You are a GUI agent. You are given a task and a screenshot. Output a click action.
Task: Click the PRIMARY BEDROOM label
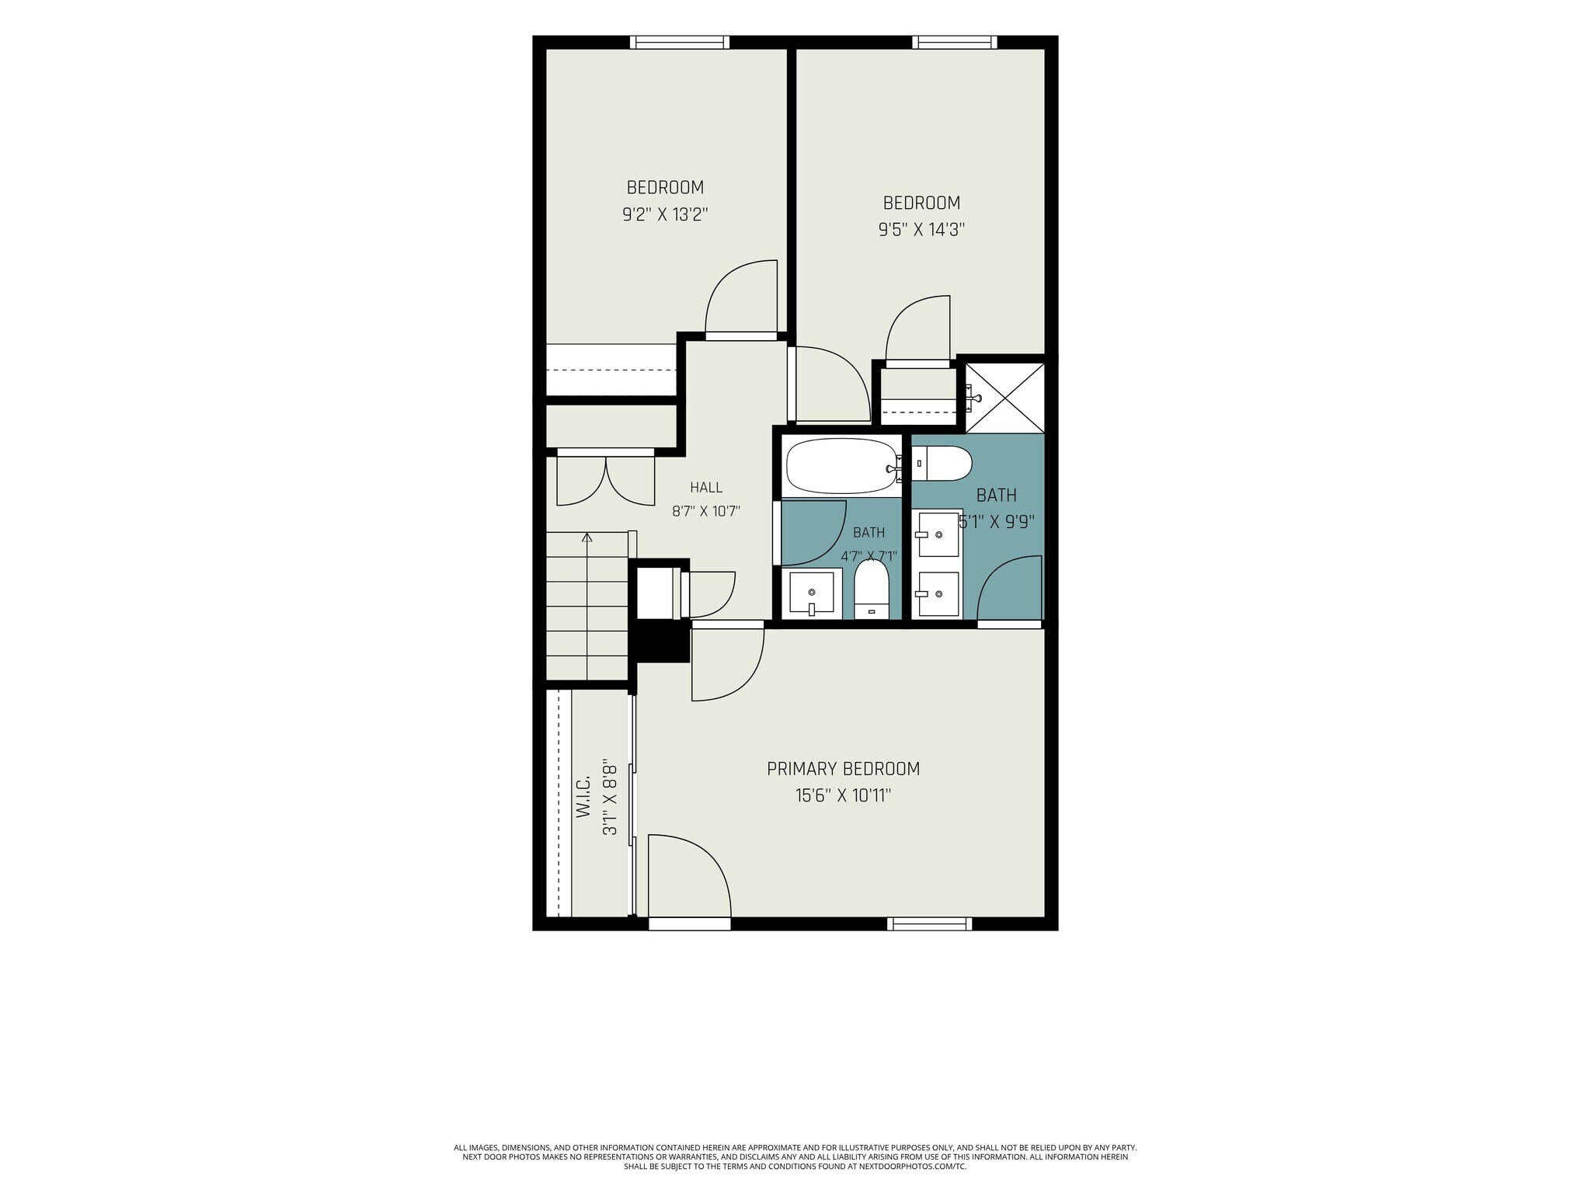point(843,769)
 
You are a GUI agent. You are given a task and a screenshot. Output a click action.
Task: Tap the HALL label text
point(706,488)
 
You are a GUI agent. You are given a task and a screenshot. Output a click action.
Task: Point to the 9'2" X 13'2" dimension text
point(665,214)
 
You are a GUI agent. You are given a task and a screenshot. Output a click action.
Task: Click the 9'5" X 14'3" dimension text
point(921,230)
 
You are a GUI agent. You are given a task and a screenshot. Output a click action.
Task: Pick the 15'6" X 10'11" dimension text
point(843,795)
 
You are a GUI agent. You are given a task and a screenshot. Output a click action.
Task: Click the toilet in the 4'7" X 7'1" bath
point(871,590)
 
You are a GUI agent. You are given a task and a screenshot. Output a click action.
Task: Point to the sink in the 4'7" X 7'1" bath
point(812,593)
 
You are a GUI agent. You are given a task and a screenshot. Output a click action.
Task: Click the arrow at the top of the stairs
point(587,537)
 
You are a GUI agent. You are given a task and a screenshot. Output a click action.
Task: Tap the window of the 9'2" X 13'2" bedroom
point(679,43)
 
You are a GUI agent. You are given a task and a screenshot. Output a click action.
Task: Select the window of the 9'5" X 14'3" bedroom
point(955,43)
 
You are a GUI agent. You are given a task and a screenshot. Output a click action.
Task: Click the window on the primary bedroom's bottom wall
point(930,923)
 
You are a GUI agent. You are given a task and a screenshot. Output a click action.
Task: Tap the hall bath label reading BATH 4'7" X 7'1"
point(869,544)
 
